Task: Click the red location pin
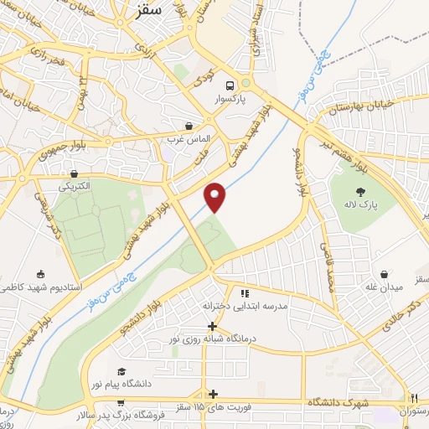pyautogui.click(x=216, y=197)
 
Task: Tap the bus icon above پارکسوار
pyautogui.click(x=227, y=85)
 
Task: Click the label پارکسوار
pyautogui.click(x=227, y=99)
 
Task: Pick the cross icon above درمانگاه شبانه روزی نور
pyautogui.click(x=212, y=326)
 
